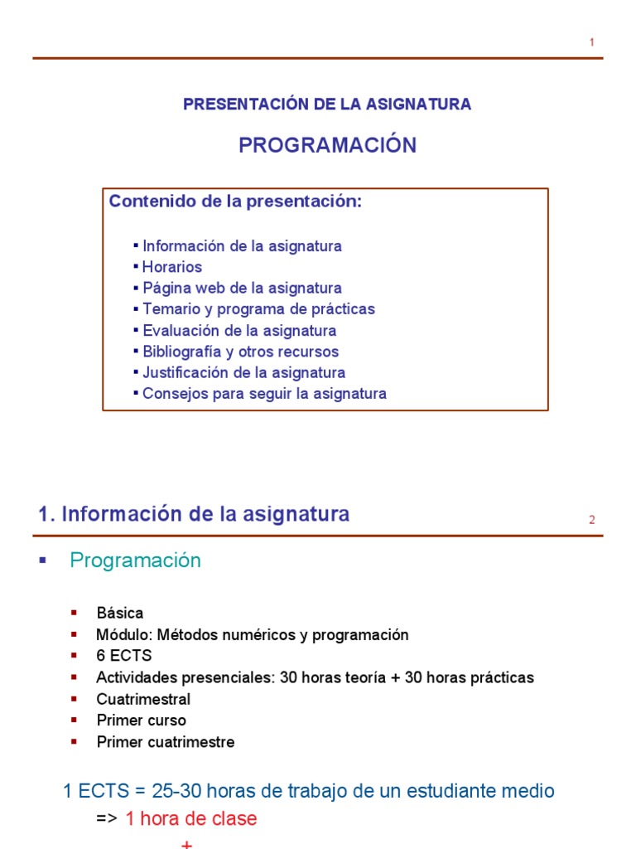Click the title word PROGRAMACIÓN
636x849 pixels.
tap(327, 145)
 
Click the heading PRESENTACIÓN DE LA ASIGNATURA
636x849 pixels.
tap(327, 104)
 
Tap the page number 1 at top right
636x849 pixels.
tap(592, 42)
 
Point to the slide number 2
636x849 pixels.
tap(592, 521)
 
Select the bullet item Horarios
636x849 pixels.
tap(172, 267)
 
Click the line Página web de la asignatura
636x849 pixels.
tap(242, 289)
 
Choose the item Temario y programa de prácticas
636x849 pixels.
tap(258, 309)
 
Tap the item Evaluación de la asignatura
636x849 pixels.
tap(239, 331)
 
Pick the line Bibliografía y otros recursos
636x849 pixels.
tap(240, 352)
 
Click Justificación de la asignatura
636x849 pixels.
tap(243, 373)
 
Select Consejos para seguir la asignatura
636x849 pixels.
tap(264, 394)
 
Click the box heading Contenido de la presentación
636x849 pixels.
tap(236, 201)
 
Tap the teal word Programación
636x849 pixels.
tap(135, 560)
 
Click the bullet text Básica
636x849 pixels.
tap(120, 614)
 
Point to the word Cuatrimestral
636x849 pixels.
tap(143, 699)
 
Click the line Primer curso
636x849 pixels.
tap(142, 720)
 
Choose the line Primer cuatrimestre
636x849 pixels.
tap(166, 742)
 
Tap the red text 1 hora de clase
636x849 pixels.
tap(191, 819)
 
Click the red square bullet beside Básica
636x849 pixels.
tap(75, 613)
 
